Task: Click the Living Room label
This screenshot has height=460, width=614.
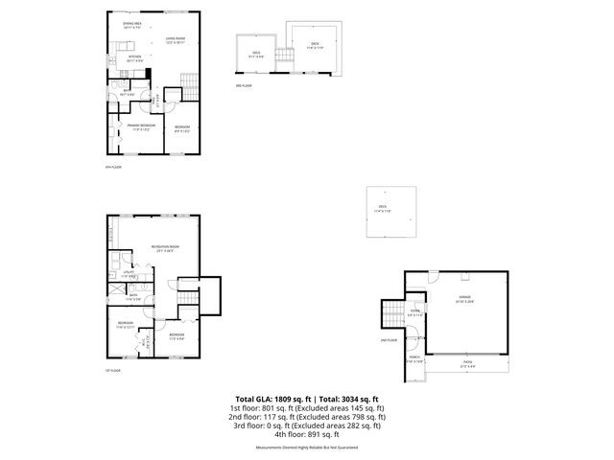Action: coord(174,40)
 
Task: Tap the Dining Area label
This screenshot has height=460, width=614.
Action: coord(131,25)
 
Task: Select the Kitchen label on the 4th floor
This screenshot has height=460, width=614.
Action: coord(135,58)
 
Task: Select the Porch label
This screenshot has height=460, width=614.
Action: coord(414,362)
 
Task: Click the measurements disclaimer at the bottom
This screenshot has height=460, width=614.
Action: coord(307,448)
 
